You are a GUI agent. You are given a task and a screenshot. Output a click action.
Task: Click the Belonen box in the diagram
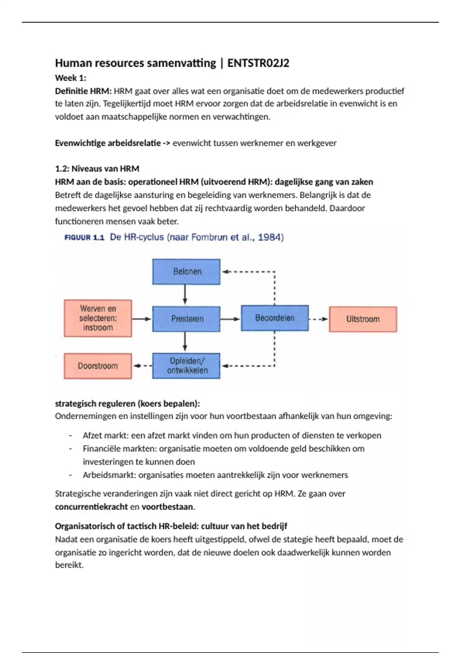click(x=186, y=272)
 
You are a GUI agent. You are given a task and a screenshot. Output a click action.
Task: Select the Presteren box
click(x=186, y=319)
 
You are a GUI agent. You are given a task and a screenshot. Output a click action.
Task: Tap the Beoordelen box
click(x=275, y=318)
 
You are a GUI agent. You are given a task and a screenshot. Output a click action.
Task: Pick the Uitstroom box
click(x=363, y=319)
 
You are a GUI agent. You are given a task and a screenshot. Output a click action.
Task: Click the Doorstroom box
click(x=98, y=366)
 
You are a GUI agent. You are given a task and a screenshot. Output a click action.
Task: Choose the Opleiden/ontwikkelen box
click(x=186, y=366)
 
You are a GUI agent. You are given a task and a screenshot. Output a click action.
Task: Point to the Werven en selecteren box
click(x=98, y=318)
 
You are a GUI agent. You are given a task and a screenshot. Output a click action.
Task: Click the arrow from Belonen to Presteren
click(x=185, y=295)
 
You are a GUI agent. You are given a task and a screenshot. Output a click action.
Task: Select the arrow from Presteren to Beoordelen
click(x=230, y=319)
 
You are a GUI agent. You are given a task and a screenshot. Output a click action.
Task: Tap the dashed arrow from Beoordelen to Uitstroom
click(x=318, y=319)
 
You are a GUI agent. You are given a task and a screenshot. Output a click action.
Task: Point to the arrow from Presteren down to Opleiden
click(x=185, y=341)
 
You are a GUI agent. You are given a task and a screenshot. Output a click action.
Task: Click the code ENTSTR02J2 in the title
click(x=258, y=63)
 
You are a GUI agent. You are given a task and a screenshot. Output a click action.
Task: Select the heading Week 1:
click(x=71, y=78)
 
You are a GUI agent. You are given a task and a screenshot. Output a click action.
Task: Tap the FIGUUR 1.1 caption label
click(x=85, y=238)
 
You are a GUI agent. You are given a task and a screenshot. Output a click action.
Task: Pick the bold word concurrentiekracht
click(x=91, y=507)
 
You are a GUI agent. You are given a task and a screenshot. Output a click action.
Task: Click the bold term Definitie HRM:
click(x=83, y=91)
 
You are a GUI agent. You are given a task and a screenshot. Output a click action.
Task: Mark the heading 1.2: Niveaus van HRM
click(x=97, y=169)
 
